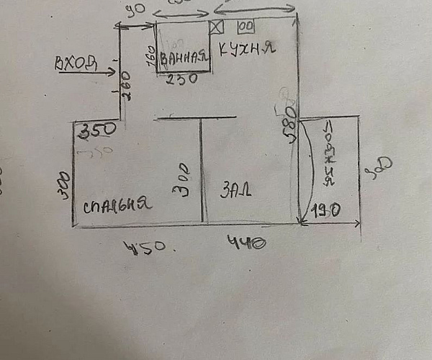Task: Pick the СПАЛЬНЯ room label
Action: tap(117, 204)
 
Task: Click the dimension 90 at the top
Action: tap(132, 11)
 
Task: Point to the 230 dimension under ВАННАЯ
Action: tap(181, 80)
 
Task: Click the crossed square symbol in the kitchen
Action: tap(217, 26)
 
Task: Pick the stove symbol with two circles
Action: tap(246, 26)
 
